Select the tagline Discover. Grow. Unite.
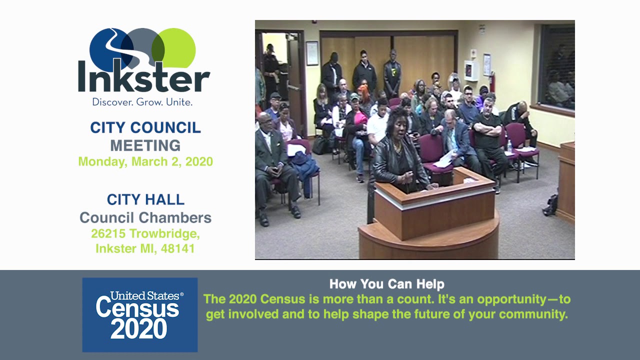pyautogui.click(x=142, y=102)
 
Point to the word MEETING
pyautogui.click(x=145, y=145)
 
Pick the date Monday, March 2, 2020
pyautogui.click(x=145, y=161)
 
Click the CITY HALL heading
pyautogui.click(x=145, y=199)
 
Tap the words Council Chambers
pyautogui.click(x=145, y=217)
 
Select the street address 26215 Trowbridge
pyautogui.click(x=145, y=233)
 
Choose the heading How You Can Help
pyautogui.click(x=386, y=284)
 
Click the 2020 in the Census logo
pyautogui.click(x=139, y=329)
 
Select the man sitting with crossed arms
pyautogui.click(x=487, y=135)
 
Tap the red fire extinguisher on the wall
pyautogui.click(x=492, y=81)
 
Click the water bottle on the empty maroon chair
pyautogui.click(x=509, y=146)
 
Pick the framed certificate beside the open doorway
pyautogui.click(x=312, y=53)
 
